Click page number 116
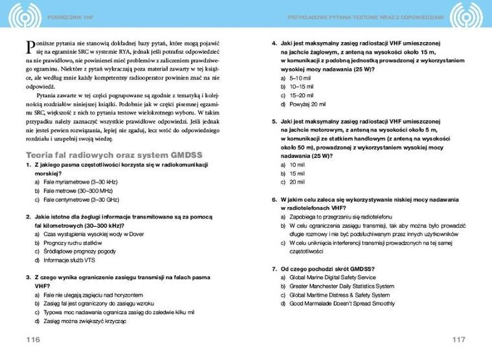pyautogui.click(x=33, y=339)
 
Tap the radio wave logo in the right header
pyautogui.click(x=467, y=15)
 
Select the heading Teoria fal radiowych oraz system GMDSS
pyautogui.click(x=113, y=155)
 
